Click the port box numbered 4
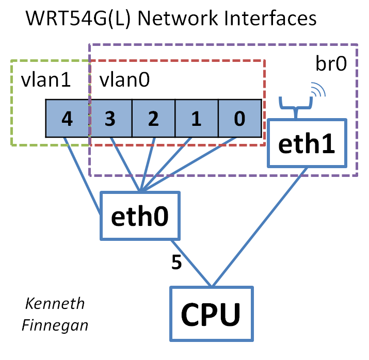point(67,119)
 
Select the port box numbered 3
point(110,119)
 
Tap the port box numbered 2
point(153,119)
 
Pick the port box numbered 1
point(196,119)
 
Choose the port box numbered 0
point(239,119)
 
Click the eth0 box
point(140,216)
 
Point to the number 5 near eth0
point(176,263)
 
